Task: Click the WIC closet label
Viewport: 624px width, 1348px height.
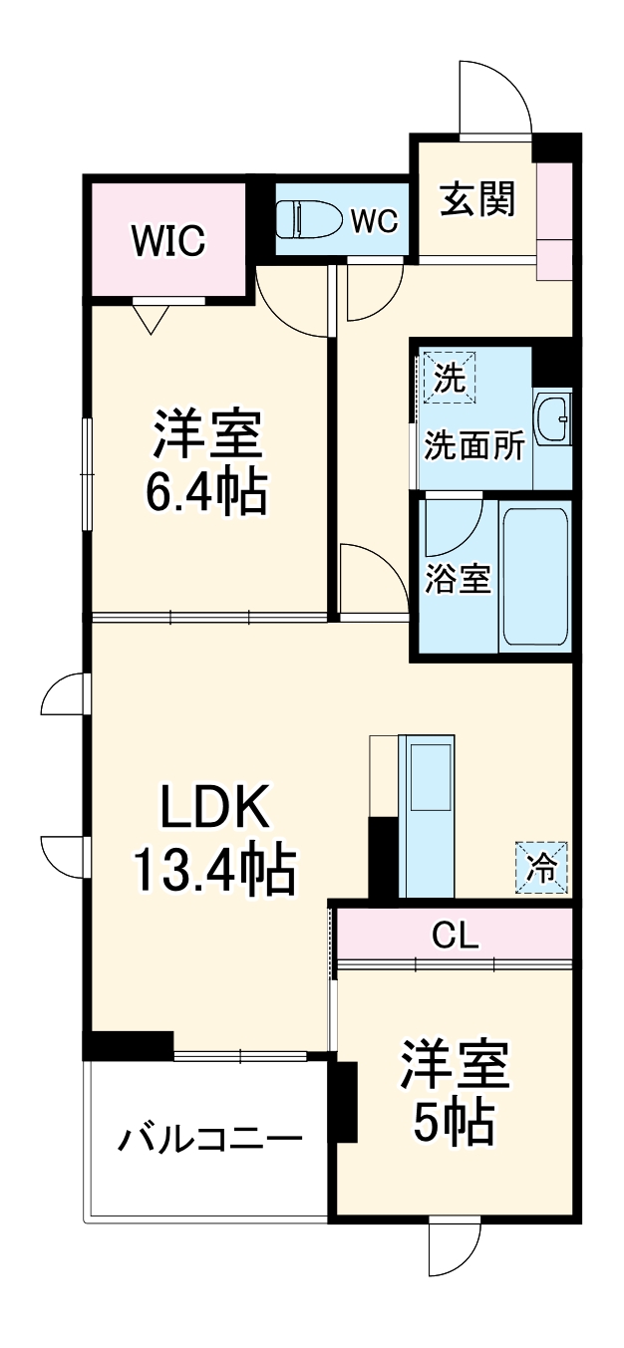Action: [168, 239]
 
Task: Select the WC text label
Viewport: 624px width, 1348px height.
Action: [374, 221]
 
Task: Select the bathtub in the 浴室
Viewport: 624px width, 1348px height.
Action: [534, 577]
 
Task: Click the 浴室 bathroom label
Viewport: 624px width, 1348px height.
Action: [458, 579]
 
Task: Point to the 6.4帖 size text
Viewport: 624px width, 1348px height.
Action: [207, 492]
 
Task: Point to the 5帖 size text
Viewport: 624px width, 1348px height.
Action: [455, 1125]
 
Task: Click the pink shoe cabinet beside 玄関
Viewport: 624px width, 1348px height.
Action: [554, 220]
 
